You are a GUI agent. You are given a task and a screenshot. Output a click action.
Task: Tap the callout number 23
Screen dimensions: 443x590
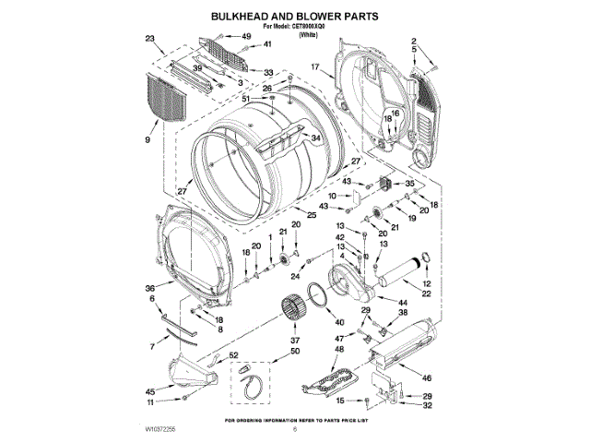[x=150, y=38]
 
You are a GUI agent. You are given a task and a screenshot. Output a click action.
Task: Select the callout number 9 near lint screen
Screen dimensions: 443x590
[x=147, y=139]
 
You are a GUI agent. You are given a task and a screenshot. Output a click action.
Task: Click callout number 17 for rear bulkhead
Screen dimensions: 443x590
[x=314, y=67]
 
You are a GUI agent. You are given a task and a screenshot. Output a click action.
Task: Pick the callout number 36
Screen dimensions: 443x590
[x=149, y=287]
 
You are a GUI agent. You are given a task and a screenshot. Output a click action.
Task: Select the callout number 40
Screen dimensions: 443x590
[x=339, y=321]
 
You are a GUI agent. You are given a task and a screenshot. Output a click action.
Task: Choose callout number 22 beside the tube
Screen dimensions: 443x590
[x=426, y=293]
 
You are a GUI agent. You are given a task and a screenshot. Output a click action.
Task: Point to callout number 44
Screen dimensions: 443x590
[x=404, y=303]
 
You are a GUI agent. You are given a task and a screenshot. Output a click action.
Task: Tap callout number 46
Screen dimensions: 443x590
[x=426, y=378]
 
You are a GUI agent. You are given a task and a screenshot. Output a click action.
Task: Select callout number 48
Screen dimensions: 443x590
[x=339, y=350]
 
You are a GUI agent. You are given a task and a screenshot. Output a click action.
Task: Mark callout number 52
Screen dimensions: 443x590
[x=234, y=355]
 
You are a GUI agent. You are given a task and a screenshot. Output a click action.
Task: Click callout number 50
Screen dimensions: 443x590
[x=295, y=352]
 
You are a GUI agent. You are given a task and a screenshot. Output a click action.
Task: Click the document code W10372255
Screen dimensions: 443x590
[x=159, y=430]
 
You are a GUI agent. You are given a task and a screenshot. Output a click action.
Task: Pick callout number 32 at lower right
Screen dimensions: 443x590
[x=427, y=405]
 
